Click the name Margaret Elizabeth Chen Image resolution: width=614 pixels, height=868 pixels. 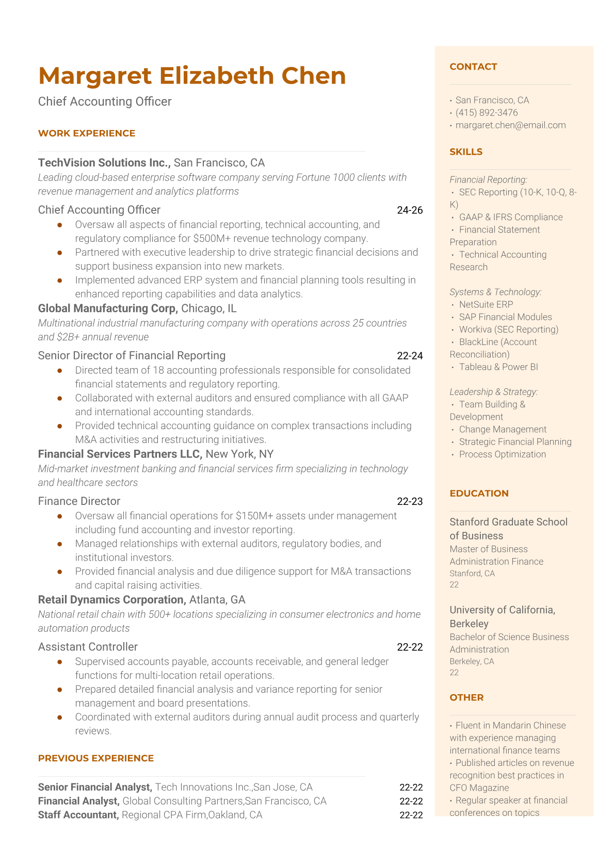click(x=192, y=76)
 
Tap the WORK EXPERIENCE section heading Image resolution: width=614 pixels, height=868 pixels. click(x=87, y=133)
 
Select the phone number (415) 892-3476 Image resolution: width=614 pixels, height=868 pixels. click(x=487, y=112)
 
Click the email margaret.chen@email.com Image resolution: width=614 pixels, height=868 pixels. click(x=510, y=125)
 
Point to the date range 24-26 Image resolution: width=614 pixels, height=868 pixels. click(x=410, y=210)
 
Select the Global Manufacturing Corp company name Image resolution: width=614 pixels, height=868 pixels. click(x=108, y=308)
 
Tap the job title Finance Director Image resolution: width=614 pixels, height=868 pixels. click(x=79, y=501)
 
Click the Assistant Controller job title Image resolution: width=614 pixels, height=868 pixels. click(x=88, y=647)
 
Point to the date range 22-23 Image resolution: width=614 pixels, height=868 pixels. click(x=410, y=501)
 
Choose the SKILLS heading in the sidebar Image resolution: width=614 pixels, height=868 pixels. click(x=466, y=152)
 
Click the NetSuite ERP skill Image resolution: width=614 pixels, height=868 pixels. click(x=486, y=304)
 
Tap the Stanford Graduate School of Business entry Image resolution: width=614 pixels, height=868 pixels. click(x=508, y=529)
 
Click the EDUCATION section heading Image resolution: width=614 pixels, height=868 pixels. click(x=479, y=493)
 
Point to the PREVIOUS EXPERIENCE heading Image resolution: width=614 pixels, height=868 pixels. click(x=96, y=758)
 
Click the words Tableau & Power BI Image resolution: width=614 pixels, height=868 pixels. click(x=498, y=367)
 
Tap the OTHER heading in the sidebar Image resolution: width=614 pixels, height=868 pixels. click(x=466, y=697)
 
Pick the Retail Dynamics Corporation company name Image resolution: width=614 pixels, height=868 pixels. click(x=111, y=600)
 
